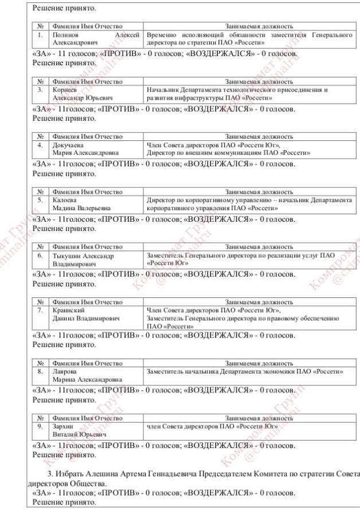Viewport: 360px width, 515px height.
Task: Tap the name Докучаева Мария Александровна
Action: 86,148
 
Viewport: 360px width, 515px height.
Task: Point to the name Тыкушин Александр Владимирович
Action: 83,259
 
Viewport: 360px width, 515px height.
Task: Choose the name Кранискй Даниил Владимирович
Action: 86,314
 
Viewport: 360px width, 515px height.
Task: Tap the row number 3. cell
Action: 40,90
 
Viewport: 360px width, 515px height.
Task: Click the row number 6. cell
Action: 40,255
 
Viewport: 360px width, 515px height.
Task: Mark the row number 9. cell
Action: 40,427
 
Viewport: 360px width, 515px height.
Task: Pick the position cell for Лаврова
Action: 245,372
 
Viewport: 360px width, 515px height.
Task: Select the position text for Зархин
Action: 212,427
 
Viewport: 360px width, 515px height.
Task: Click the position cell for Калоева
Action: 249,204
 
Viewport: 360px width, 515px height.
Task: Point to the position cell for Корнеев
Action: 237,93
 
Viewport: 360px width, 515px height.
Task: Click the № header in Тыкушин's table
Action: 40,246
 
